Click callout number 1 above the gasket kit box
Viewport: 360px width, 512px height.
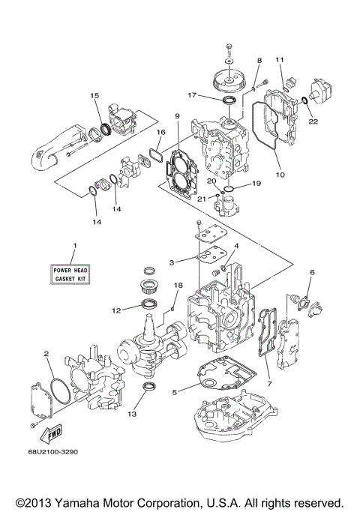click(74, 247)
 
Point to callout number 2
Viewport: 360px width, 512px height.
click(46, 353)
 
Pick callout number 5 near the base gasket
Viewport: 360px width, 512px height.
click(173, 391)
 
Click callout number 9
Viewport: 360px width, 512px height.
click(177, 116)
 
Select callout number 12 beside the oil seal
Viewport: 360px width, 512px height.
click(115, 309)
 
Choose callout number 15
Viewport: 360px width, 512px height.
click(94, 95)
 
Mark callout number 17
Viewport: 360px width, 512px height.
click(192, 95)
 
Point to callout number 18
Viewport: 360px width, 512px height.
click(178, 286)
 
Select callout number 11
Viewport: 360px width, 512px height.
click(279, 58)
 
